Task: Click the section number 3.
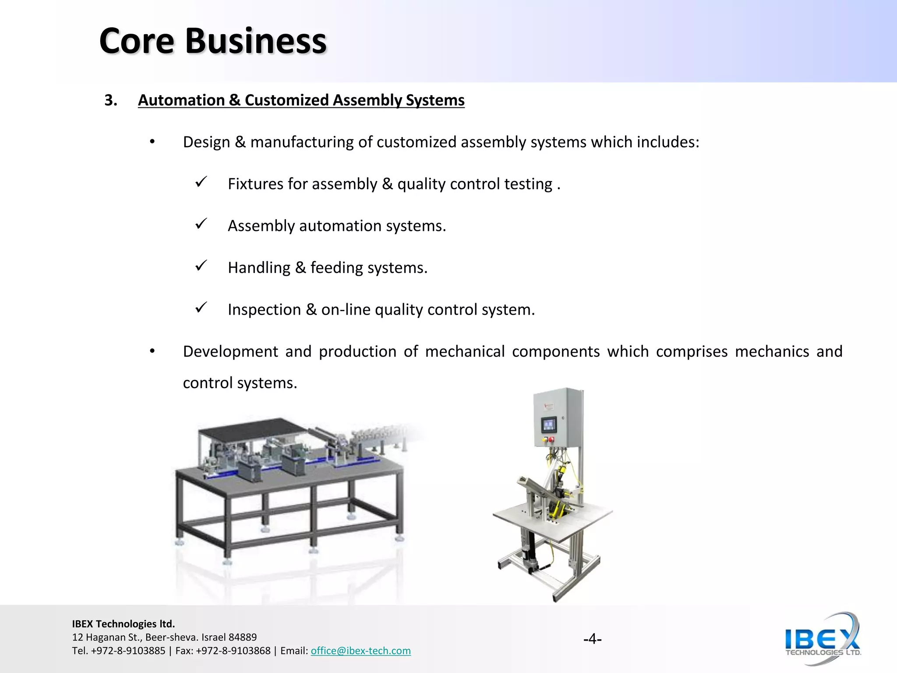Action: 111,100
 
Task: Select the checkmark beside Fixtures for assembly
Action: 201,182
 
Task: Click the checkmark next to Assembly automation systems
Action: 201,224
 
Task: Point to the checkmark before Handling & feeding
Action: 201,266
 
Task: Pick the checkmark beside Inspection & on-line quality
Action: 201,308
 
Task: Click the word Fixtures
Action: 255,184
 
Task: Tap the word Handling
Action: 259,268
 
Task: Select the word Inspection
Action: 264,310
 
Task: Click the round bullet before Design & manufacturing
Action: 152,142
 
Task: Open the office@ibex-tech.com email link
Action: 360,651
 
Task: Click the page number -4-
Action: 592,639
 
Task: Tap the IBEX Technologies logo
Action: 823,639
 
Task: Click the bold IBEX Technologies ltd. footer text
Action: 123,623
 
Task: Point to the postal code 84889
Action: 243,637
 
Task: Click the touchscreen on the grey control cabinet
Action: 549,424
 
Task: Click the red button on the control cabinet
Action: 551,439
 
